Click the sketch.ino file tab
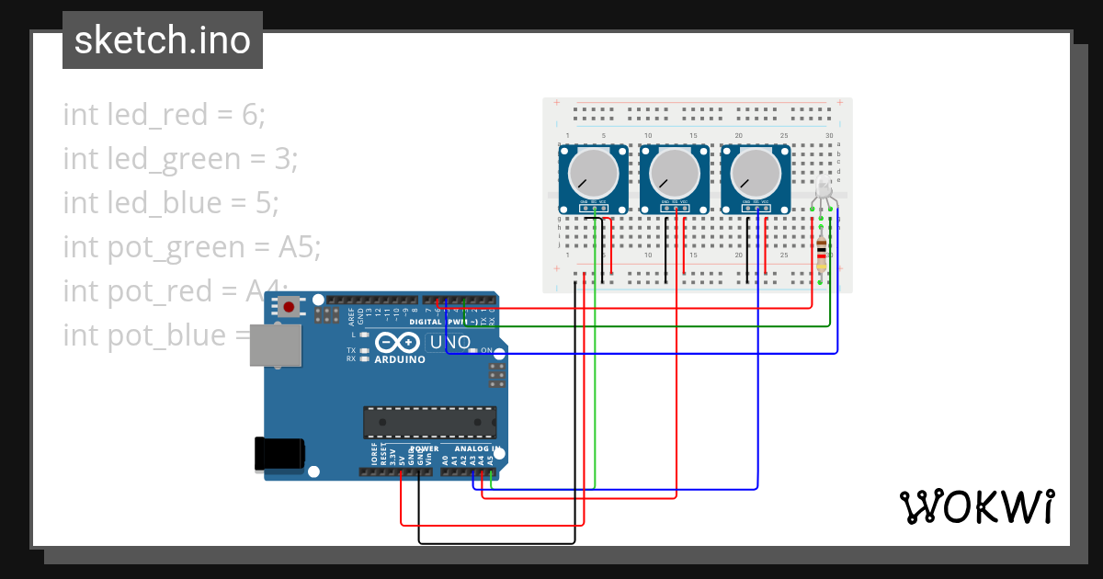point(163,40)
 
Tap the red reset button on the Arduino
point(290,307)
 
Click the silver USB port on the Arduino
point(276,345)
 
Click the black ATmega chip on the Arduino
point(429,422)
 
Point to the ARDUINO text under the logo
point(400,359)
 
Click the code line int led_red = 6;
point(164,115)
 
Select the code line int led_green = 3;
point(180,159)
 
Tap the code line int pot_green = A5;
point(192,247)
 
